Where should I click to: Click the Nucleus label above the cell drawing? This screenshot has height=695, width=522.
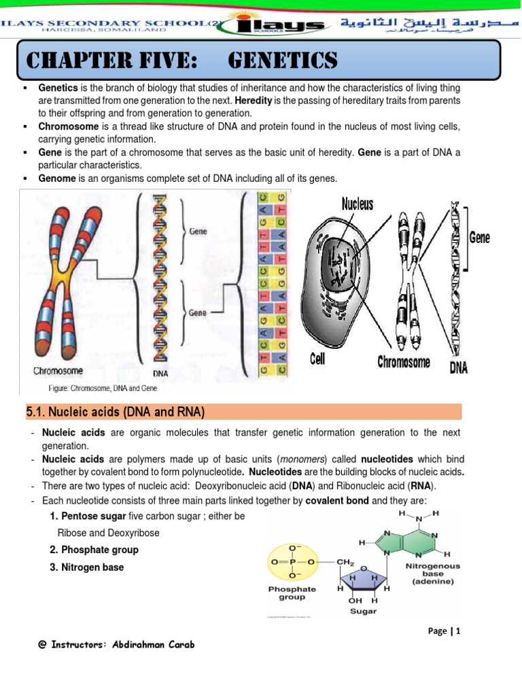pos(358,203)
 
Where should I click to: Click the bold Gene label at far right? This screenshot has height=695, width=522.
pos(480,238)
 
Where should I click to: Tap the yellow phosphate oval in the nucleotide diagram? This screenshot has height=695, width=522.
pos(293,562)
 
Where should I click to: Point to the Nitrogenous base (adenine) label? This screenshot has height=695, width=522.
pos(432,574)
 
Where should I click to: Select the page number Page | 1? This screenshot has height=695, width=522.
pos(445,631)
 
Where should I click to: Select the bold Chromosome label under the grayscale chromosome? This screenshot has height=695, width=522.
pos(404,362)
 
